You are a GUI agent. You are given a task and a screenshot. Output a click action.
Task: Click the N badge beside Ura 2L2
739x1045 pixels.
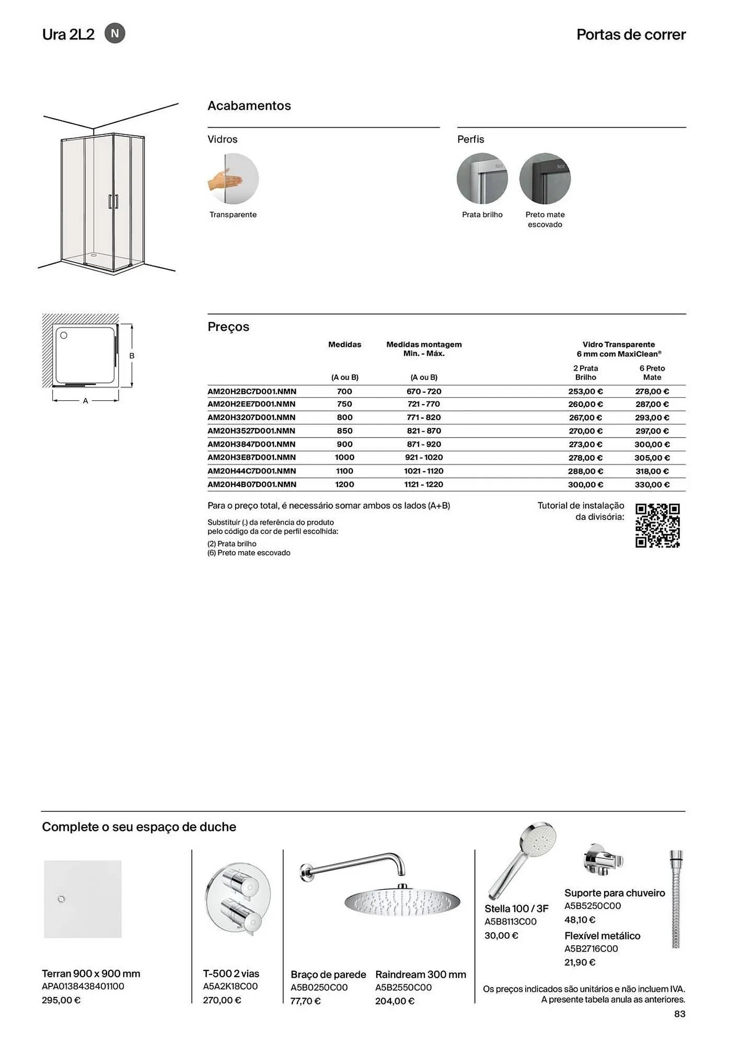pos(115,33)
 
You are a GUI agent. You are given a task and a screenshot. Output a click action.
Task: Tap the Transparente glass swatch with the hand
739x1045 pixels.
pos(233,179)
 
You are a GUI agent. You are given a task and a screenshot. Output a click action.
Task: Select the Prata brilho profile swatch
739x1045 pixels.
pos(482,179)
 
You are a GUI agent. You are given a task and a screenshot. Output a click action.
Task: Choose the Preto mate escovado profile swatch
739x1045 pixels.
pos(545,179)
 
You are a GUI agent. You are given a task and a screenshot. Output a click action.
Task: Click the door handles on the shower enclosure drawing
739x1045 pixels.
pos(113,202)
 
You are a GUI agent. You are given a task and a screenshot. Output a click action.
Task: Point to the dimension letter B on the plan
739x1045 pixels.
pos(132,356)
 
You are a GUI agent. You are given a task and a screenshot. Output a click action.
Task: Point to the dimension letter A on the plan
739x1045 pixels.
pos(86,401)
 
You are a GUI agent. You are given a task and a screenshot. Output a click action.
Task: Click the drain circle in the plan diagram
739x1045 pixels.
pos(64,335)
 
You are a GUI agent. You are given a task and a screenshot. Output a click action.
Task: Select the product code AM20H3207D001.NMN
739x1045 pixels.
pos(251,417)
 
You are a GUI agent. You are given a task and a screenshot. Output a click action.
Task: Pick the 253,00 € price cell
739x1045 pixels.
pos(585,391)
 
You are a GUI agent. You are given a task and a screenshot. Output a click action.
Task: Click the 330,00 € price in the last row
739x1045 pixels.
pos(652,484)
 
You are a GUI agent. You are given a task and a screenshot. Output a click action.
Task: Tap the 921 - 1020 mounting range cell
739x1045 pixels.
pos(424,458)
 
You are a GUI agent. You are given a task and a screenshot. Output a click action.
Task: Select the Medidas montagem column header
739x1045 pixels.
pos(424,349)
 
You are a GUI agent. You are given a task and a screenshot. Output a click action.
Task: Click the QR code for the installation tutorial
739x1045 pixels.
pos(657,526)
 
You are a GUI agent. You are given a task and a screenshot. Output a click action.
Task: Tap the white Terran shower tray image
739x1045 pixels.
pos(83,899)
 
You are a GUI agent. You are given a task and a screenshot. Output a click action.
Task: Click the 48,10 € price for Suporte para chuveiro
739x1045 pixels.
pos(580,920)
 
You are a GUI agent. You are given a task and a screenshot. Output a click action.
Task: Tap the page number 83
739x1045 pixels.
pos(679,1014)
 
